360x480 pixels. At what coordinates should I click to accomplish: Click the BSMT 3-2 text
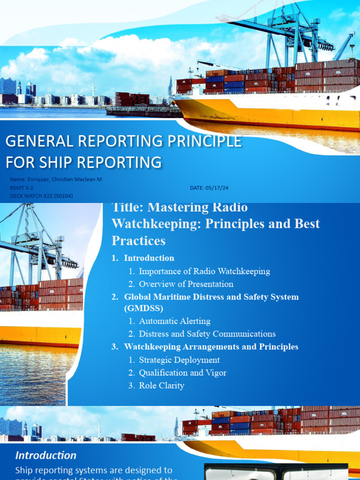tap(22, 187)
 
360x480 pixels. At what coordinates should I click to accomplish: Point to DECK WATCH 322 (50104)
tap(41, 195)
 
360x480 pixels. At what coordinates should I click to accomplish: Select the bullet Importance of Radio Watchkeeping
tap(204, 271)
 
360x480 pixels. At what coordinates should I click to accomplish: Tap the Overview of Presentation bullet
tap(186, 284)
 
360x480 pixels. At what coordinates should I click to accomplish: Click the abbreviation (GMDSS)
tap(144, 308)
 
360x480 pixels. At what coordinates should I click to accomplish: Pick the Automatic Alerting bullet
tap(175, 321)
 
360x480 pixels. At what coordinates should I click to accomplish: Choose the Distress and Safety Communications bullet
tap(207, 334)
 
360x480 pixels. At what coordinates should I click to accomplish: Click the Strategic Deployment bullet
tap(180, 360)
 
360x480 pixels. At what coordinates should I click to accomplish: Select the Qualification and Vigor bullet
tap(183, 373)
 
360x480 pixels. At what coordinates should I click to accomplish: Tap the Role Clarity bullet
tap(162, 385)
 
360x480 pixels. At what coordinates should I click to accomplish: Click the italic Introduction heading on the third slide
tap(46, 455)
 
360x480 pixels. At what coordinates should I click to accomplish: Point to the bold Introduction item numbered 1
tap(149, 258)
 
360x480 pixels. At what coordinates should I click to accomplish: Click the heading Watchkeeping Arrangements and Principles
tap(211, 347)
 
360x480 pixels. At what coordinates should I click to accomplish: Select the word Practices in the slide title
tap(138, 241)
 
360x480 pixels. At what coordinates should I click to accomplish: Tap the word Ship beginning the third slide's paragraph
tap(24, 470)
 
